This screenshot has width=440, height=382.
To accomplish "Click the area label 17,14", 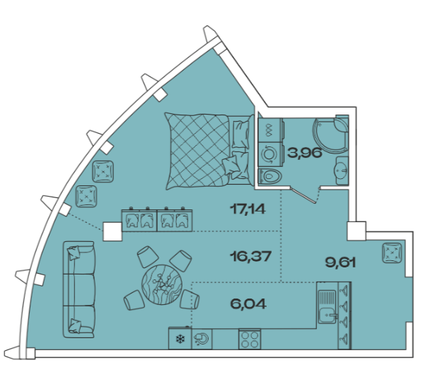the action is tap(248, 209).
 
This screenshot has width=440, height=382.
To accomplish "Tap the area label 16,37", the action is tap(250, 256).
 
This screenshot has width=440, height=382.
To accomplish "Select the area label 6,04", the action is tap(248, 304).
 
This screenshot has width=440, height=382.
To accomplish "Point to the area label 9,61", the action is tap(340, 262).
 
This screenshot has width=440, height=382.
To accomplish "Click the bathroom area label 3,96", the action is tap(304, 154).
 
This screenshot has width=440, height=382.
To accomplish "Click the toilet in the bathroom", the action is tap(270, 177).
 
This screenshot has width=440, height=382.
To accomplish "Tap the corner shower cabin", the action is tap(331, 134).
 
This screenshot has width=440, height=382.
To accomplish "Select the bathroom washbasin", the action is tap(342, 170).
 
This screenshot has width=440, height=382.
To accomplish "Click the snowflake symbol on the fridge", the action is tap(180, 340).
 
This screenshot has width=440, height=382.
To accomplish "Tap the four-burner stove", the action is tap(250, 340).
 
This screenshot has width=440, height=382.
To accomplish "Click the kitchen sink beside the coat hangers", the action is tap(328, 307).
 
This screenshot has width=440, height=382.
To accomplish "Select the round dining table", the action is tap(162, 284).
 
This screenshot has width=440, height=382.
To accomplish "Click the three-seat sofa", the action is tap(79, 289).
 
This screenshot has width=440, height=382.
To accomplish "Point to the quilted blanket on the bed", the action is tap(197, 151).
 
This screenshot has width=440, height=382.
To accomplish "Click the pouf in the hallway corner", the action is tap(392, 253).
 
